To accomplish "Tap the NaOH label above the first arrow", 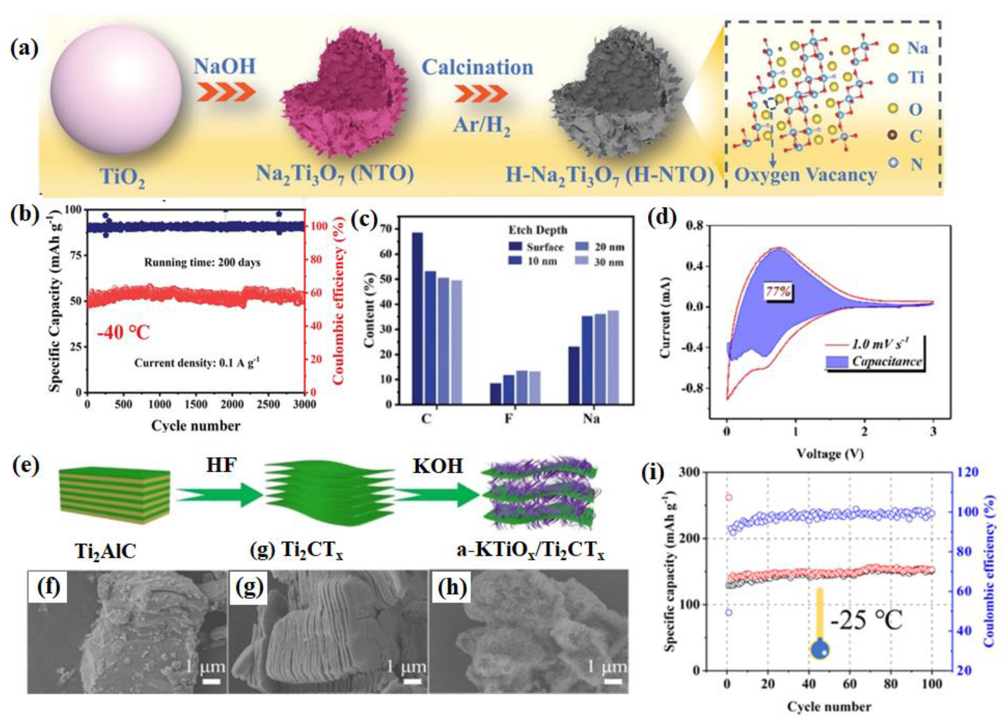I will click(224, 66).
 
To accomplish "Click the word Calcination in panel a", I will click(477, 67).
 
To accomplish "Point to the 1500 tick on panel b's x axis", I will click(195, 404).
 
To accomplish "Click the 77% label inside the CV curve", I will click(779, 292).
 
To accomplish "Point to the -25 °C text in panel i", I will click(865, 620).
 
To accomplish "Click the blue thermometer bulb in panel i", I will click(820, 650).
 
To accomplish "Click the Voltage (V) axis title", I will click(830, 453).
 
